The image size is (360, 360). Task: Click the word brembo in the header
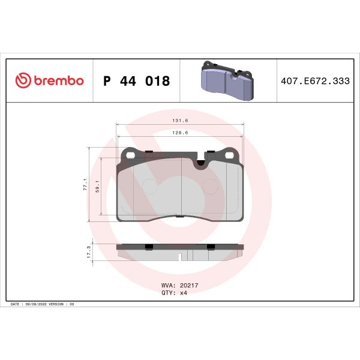tap(58, 81)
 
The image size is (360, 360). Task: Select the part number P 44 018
tap(137, 81)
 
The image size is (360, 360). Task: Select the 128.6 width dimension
tap(179, 133)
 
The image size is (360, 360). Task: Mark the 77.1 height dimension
tap(85, 184)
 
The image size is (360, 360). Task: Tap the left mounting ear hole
tap(129, 154)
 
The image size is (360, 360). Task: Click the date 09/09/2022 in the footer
tap(37, 305)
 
